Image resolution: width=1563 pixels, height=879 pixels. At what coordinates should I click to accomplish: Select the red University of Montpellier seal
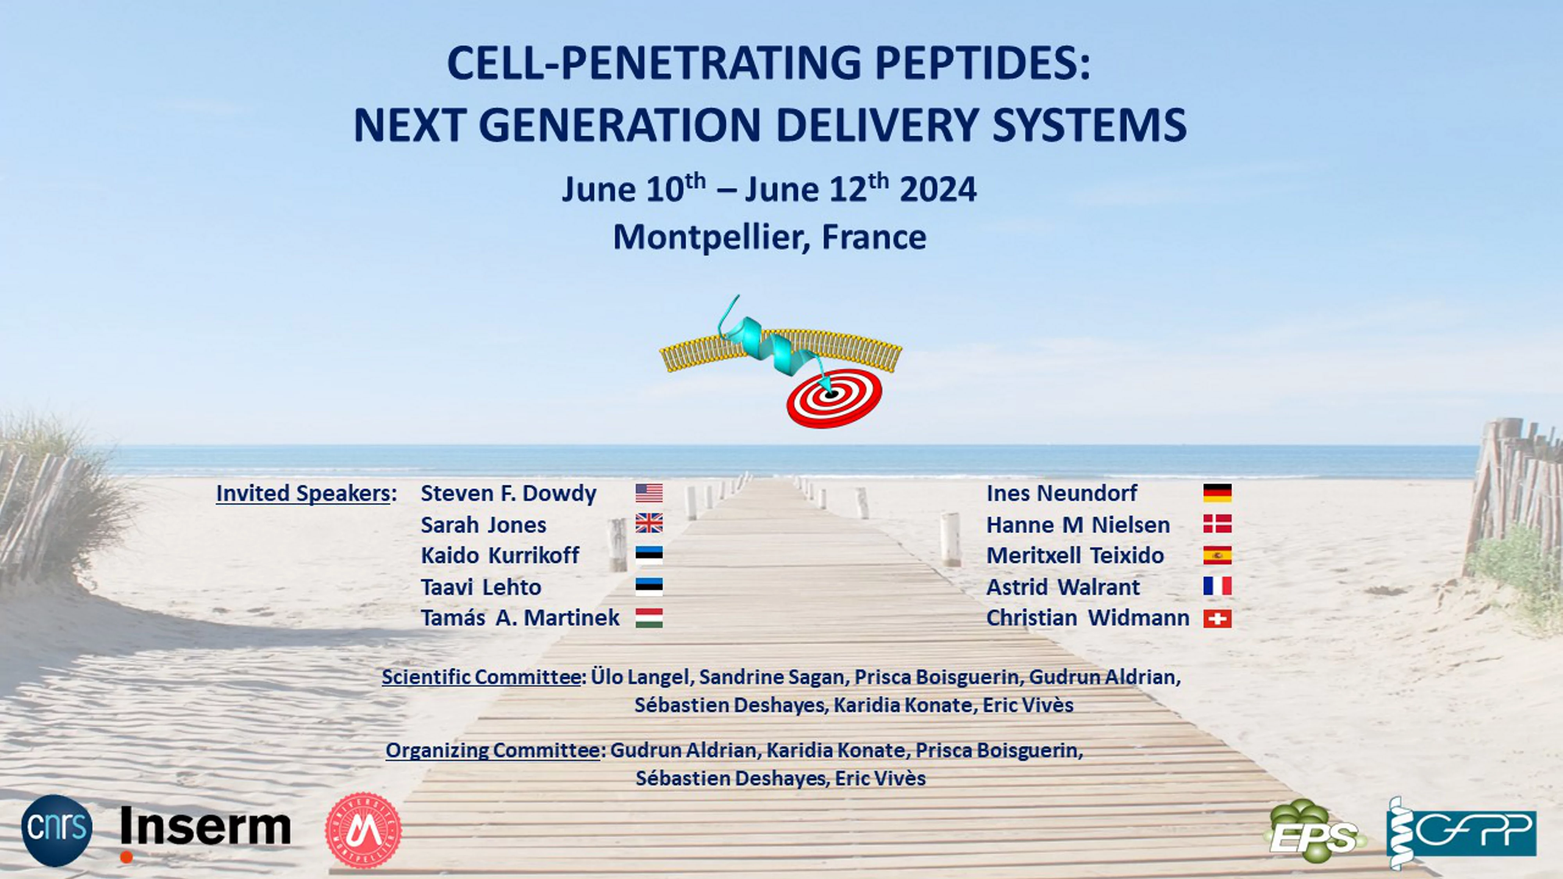(x=363, y=830)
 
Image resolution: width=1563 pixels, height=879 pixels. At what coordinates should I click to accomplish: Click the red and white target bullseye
(x=834, y=397)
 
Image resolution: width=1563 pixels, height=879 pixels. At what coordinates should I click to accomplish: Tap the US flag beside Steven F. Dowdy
(x=649, y=493)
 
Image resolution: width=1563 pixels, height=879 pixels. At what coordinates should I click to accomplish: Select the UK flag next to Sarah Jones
(x=649, y=523)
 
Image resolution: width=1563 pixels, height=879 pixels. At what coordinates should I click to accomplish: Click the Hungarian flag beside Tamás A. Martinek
(x=649, y=618)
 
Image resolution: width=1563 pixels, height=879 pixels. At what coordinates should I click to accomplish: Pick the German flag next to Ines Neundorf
(x=1217, y=493)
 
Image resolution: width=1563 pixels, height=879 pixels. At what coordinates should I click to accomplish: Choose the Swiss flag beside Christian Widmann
(x=1217, y=618)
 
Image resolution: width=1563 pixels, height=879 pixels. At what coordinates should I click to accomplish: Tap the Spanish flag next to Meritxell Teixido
(x=1217, y=555)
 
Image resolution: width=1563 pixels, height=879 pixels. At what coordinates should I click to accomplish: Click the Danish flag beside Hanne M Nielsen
(x=1217, y=523)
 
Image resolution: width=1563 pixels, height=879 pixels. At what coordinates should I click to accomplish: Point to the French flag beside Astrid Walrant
(x=1217, y=586)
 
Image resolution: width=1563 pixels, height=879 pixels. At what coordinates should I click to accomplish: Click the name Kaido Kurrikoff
(x=500, y=556)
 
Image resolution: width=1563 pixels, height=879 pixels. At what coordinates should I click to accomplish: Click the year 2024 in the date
(x=938, y=189)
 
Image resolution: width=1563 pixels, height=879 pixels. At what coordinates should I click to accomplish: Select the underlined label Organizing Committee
(x=493, y=750)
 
